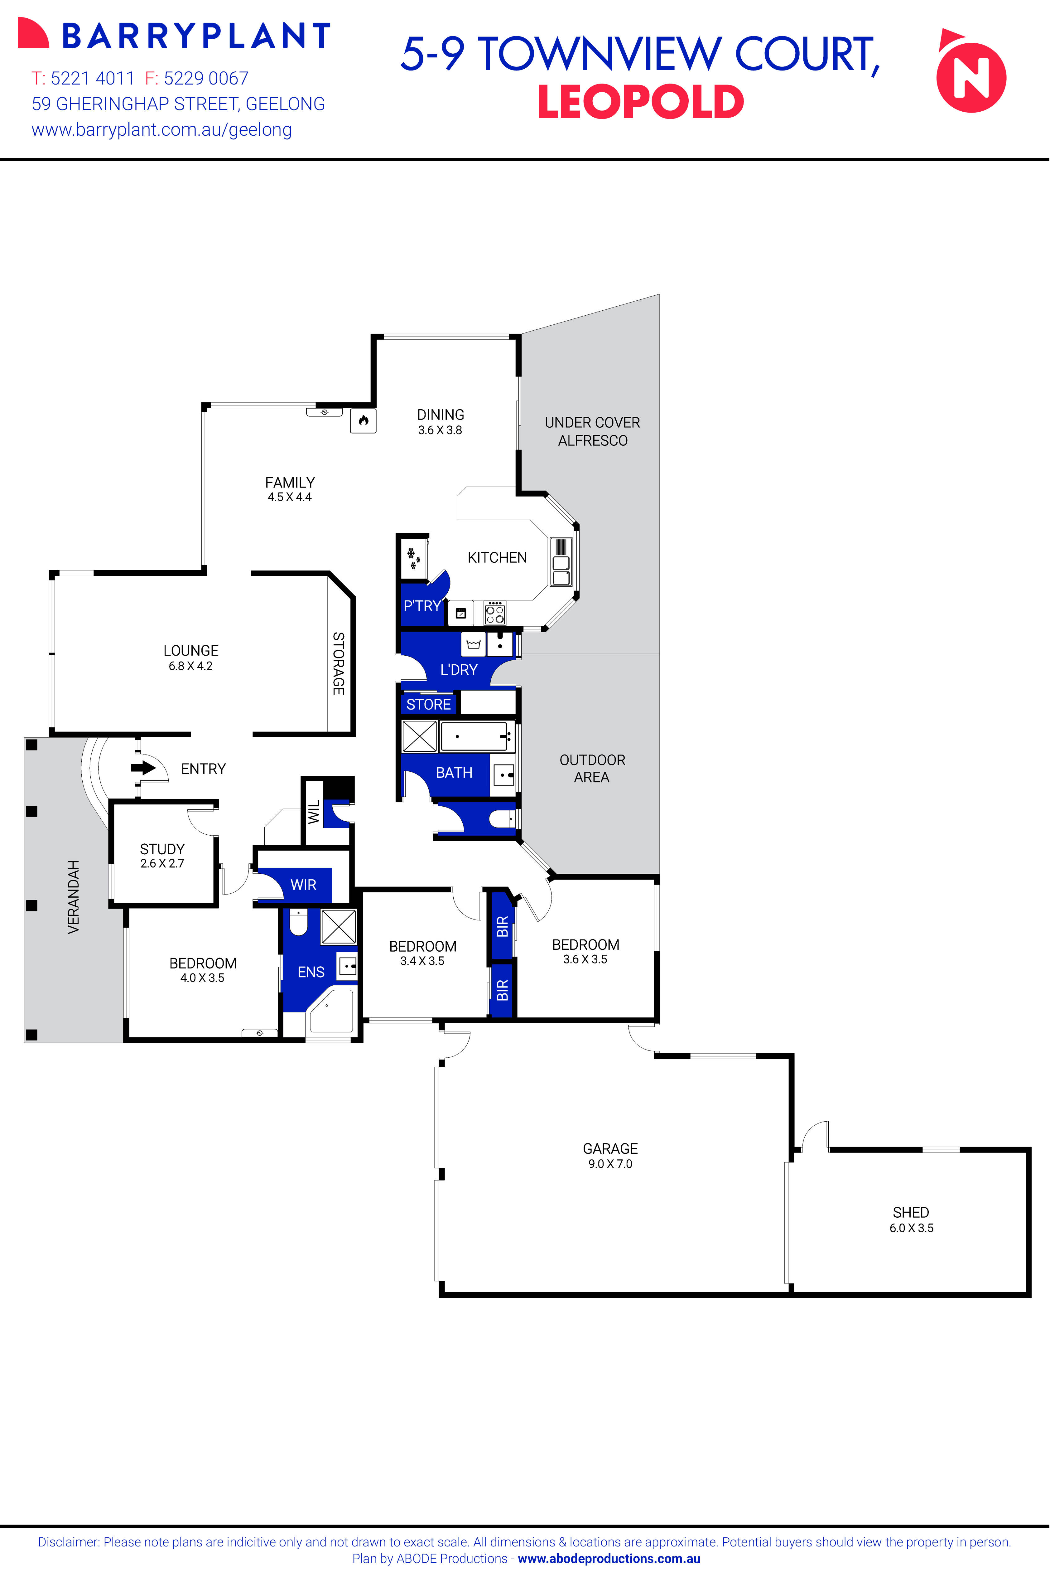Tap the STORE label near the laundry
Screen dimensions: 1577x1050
tap(429, 705)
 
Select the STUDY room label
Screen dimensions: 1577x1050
tap(162, 849)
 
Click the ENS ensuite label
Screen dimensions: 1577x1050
tap(311, 972)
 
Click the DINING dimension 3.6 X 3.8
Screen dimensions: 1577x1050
tap(440, 430)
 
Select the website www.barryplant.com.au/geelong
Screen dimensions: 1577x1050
tap(161, 130)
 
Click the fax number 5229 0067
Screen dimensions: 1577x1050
tap(206, 78)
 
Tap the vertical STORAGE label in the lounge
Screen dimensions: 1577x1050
tap(339, 663)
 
